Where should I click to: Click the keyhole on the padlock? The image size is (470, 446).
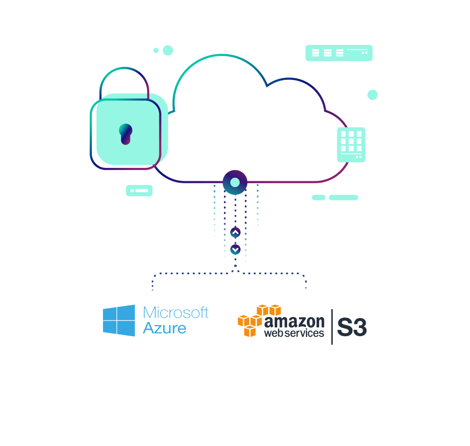[x=126, y=134]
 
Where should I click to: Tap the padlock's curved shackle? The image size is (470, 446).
[x=124, y=68]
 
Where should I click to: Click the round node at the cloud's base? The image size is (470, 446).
[x=235, y=182]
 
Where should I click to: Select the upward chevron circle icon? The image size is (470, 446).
[x=235, y=232]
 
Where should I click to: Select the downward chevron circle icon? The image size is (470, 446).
[x=235, y=249]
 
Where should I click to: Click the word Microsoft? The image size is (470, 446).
[x=176, y=313]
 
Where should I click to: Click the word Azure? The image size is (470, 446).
[x=164, y=328]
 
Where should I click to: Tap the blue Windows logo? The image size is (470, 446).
[x=119, y=320]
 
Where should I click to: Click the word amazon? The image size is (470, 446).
[x=294, y=322]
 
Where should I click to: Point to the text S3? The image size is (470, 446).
[x=352, y=327]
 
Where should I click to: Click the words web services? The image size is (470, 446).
[x=294, y=333]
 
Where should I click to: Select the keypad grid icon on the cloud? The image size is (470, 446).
[x=351, y=145]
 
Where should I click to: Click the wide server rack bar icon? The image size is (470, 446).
[x=339, y=53]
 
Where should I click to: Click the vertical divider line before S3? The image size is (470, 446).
[x=332, y=327]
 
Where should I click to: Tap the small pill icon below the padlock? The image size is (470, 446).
[x=139, y=191]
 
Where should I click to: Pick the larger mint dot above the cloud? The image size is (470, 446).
[x=168, y=50]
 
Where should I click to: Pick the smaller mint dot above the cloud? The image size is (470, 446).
[x=156, y=50]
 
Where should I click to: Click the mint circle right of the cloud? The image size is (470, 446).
[x=373, y=95]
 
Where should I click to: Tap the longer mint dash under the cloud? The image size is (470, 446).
[x=344, y=197]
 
